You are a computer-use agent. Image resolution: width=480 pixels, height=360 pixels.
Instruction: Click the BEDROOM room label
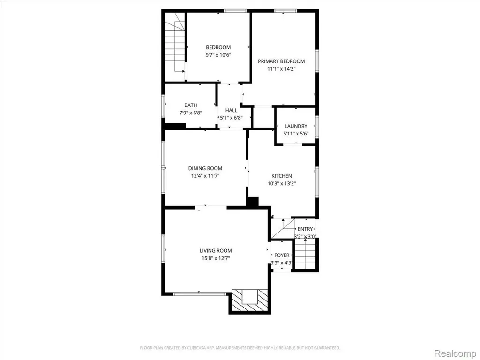click(218, 47)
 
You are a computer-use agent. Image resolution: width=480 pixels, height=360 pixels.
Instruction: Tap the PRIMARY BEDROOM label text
click(281, 61)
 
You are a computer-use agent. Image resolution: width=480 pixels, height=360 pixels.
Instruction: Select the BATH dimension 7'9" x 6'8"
click(190, 112)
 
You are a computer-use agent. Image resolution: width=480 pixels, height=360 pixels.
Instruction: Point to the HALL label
click(231, 110)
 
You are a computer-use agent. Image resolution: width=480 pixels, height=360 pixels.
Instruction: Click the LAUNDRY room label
click(296, 126)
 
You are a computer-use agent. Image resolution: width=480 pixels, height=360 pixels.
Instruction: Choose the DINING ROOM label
click(205, 168)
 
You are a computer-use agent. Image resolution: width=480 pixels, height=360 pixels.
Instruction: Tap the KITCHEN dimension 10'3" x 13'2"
click(282, 184)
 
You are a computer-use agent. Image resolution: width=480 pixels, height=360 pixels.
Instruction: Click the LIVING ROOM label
click(216, 251)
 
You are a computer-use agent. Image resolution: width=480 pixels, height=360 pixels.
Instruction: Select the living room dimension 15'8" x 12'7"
click(216, 258)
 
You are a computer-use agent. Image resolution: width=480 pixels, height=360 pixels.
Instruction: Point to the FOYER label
click(282, 255)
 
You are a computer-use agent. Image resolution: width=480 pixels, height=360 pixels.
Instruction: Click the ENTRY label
click(305, 229)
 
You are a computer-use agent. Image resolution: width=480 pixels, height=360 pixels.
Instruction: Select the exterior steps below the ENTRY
click(305, 254)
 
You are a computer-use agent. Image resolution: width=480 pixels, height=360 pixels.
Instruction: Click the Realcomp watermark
click(455, 353)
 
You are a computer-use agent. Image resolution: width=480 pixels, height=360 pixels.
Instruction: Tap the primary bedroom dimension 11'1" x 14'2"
click(281, 69)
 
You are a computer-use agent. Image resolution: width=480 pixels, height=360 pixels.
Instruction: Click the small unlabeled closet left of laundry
click(262, 117)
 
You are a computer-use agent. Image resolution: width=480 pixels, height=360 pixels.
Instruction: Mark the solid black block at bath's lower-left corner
click(175, 126)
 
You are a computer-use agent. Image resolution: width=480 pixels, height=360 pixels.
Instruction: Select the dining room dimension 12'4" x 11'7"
click(205, 176)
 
